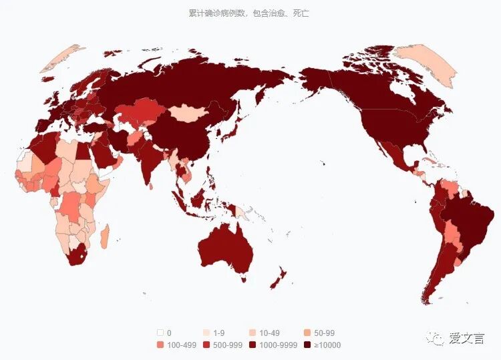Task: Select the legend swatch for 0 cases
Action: pos(160,333)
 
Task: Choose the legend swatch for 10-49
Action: pos(253,333)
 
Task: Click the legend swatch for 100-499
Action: pos(160,345)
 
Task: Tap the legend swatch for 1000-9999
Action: pos(253,345)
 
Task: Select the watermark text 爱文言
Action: pos(468,339)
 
